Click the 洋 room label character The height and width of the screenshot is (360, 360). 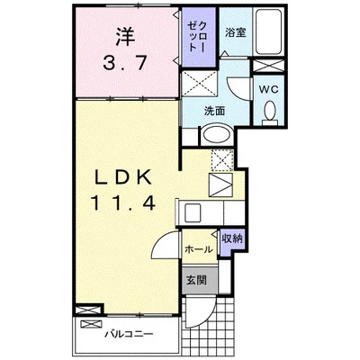tap(125, 36)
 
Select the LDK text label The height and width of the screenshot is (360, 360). tap(122, 179)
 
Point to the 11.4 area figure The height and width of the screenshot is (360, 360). tap(123, 202)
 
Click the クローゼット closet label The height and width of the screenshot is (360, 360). tap(197, 36)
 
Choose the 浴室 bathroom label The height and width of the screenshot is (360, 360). tap(236, 32)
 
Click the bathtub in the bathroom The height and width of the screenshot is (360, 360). tap(268, 31)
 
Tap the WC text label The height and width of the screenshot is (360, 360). tap(269, 89)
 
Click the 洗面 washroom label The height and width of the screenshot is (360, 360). tap(214, 111)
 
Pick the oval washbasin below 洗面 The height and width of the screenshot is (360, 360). tap(217, 135)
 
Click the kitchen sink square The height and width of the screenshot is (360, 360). tap(193, 212)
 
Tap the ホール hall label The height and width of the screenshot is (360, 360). tap(199, 248)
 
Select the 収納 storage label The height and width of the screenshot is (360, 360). tap(232, 238)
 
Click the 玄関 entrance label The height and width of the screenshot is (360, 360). tap(196, 280)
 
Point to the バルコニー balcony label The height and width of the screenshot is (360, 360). tap(129, 334)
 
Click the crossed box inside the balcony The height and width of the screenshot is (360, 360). tap(92, 324)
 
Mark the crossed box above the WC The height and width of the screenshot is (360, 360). tap(268, 66)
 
